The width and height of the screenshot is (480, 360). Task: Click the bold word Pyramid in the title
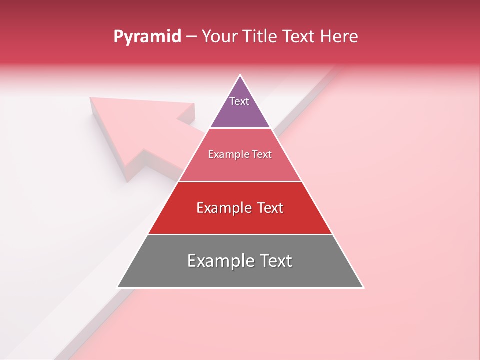[x=147, y=37]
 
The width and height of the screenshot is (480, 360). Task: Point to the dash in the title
[x=191, y=37]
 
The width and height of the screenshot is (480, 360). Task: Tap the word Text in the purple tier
[x=239, y=101]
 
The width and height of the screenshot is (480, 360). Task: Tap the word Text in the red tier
[x=267, y=208]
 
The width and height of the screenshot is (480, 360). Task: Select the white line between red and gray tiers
[x=240, y=234]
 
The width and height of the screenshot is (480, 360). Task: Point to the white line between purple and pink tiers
[x=240, y=128]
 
